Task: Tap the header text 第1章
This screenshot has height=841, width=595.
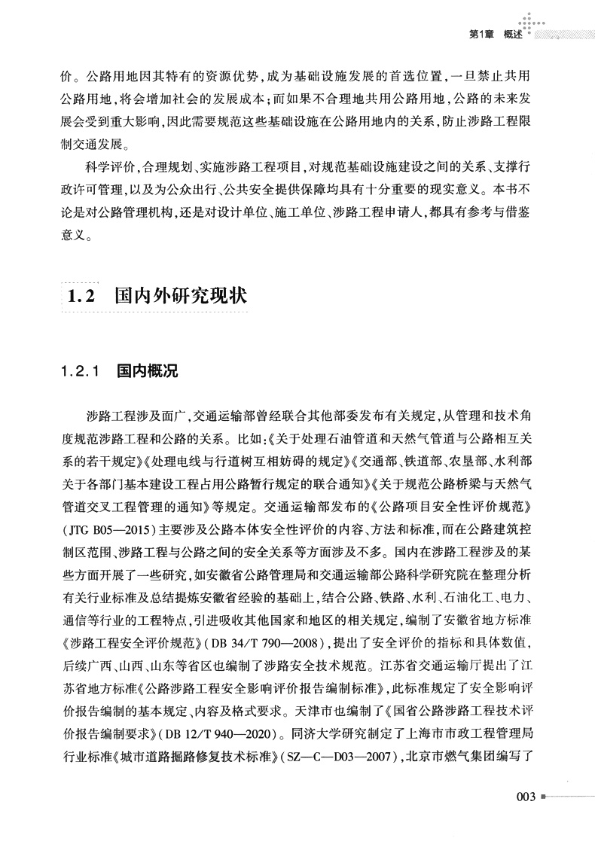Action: (481, 34)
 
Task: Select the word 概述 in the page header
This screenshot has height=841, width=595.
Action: (514, 34)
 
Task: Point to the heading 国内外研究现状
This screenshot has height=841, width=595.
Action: (180, 296)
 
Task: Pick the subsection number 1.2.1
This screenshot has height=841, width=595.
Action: (83, 371)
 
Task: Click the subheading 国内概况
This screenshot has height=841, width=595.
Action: (146, 371)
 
